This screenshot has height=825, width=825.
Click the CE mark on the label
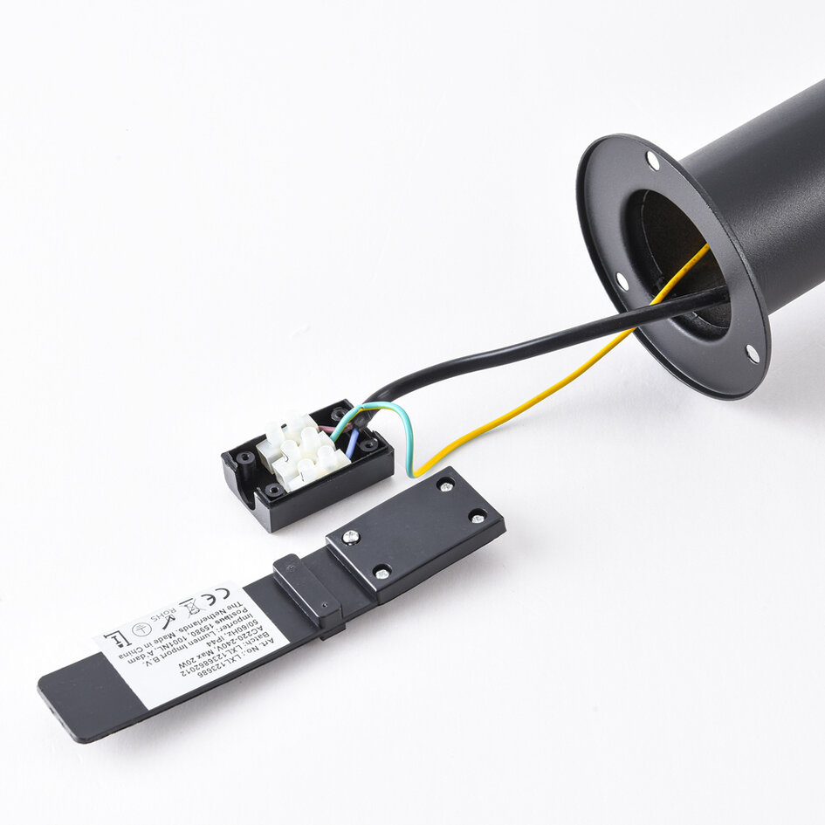212,602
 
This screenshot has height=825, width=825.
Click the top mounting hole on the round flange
652,161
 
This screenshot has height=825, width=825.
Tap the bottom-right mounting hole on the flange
752,353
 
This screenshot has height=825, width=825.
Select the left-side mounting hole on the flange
622,281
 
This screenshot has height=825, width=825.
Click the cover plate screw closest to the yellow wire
445,485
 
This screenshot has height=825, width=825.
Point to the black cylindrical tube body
768,192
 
